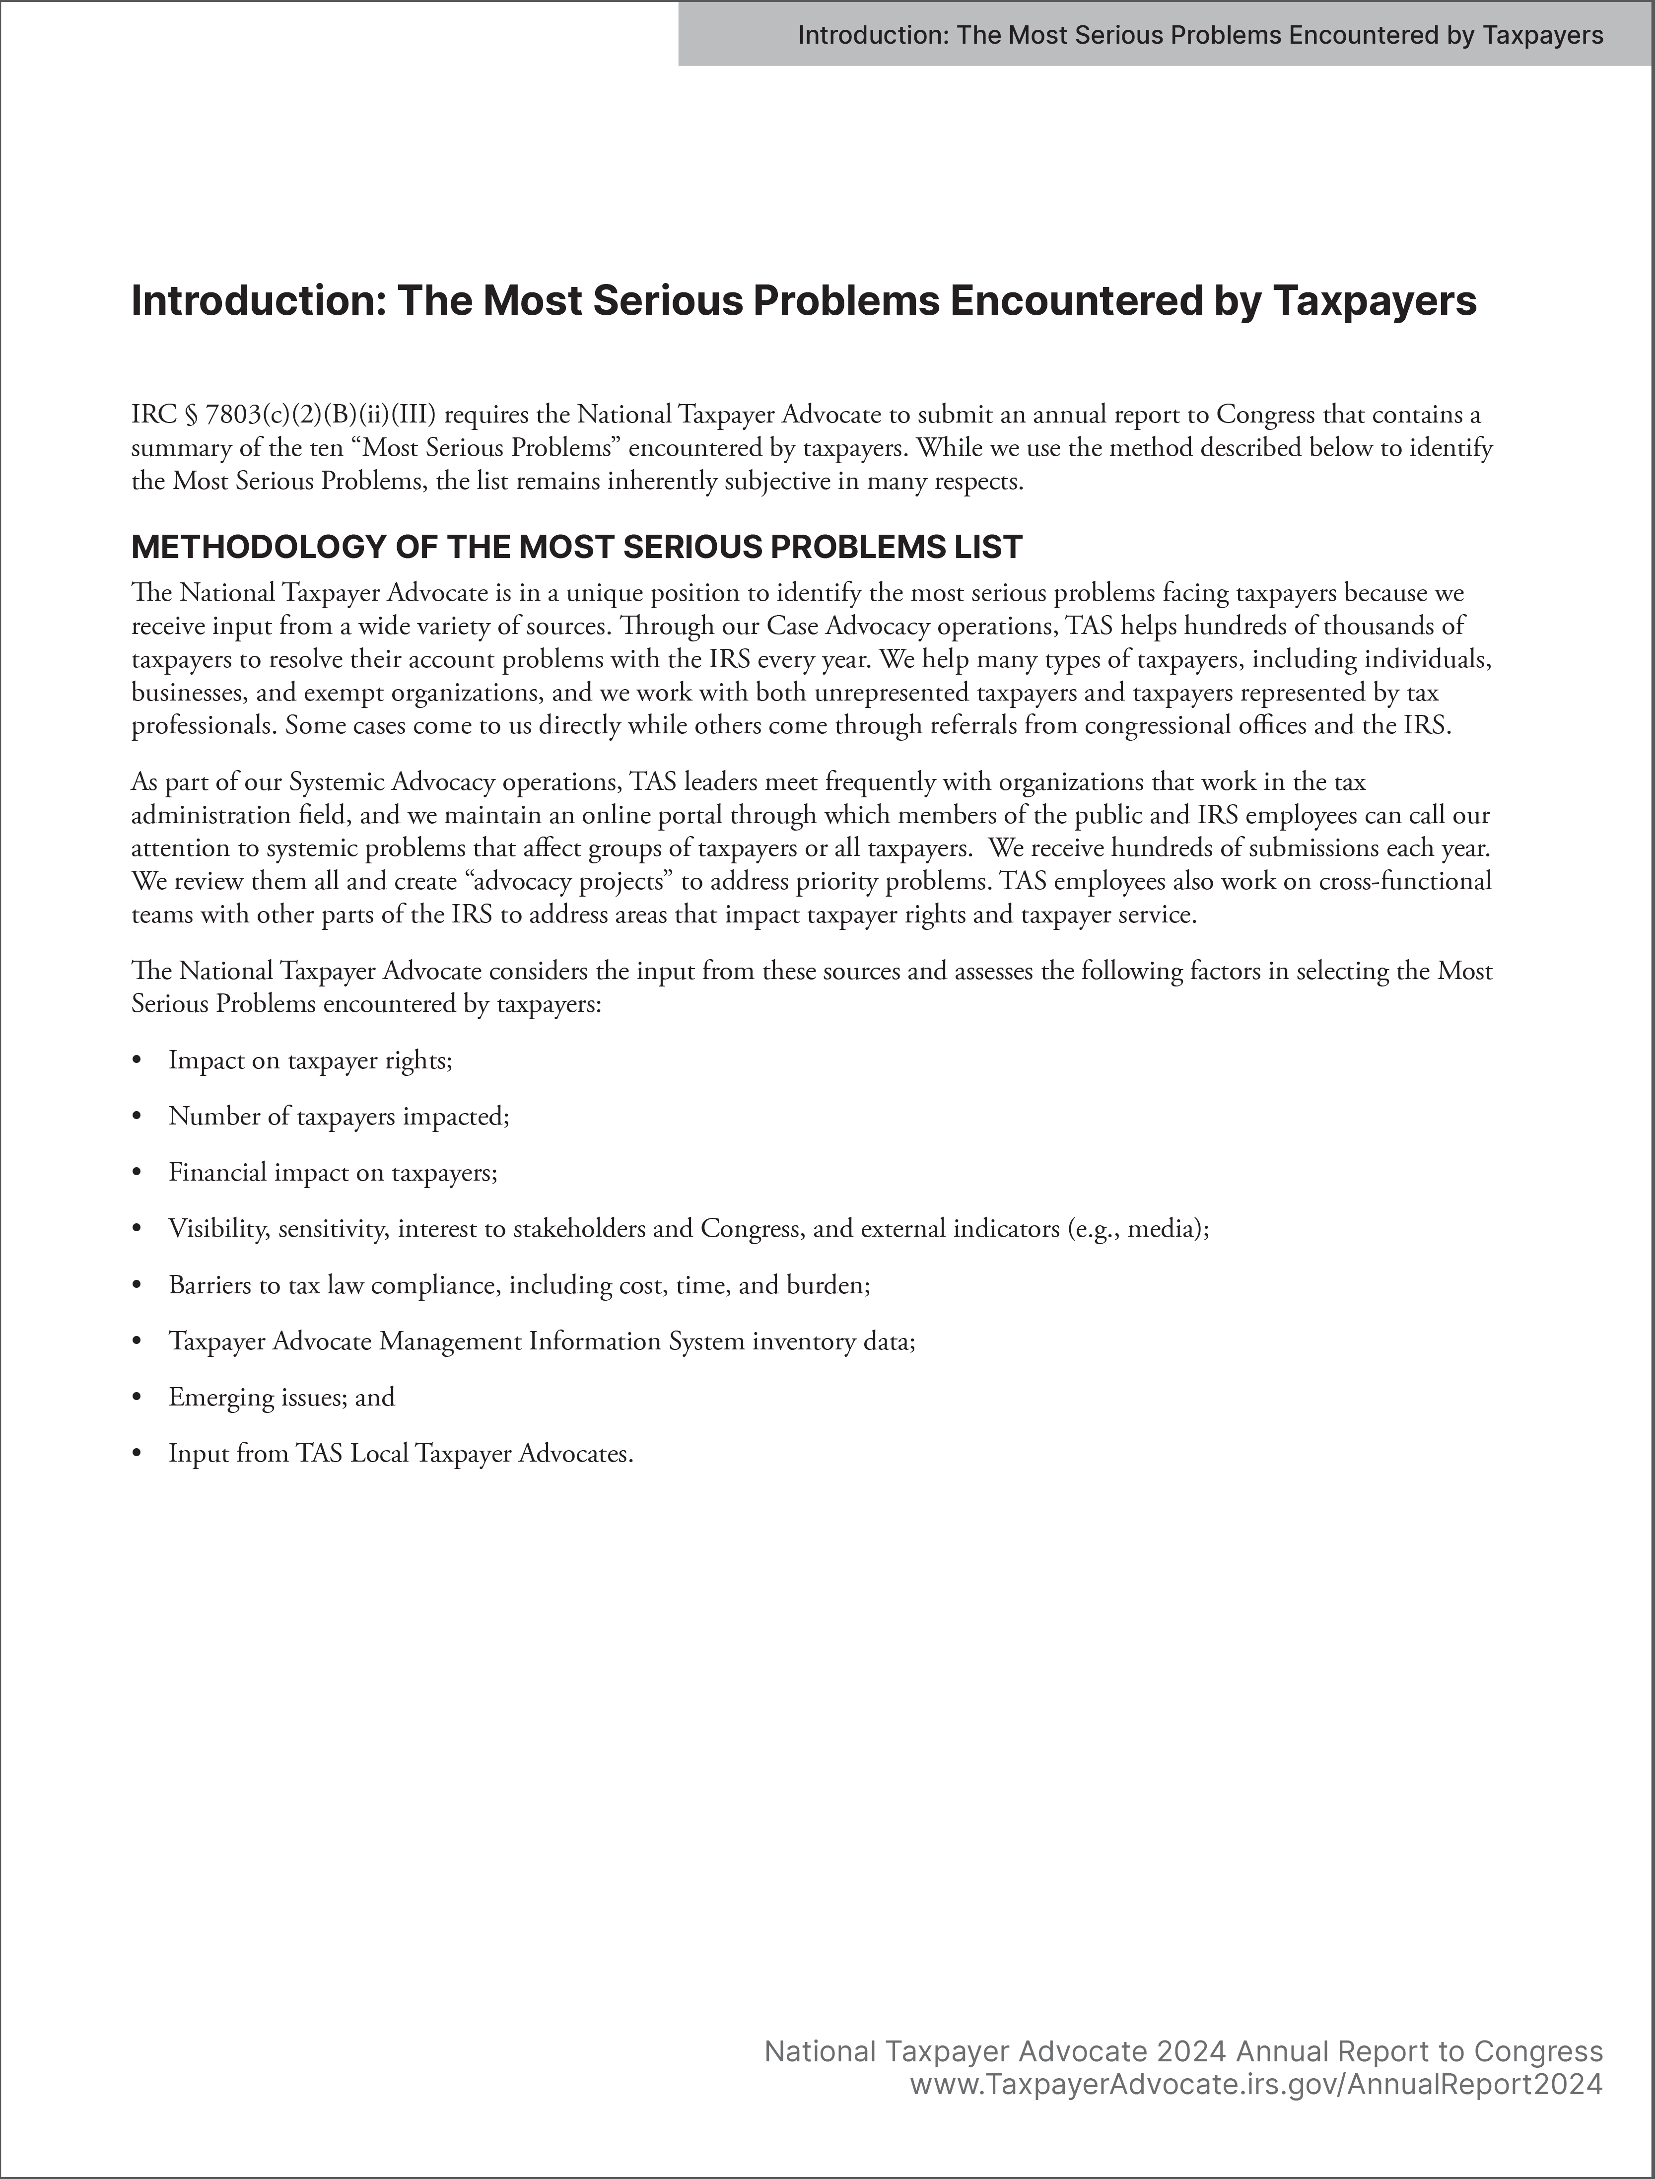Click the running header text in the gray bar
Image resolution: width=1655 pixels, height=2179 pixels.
click(1200, 35)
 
